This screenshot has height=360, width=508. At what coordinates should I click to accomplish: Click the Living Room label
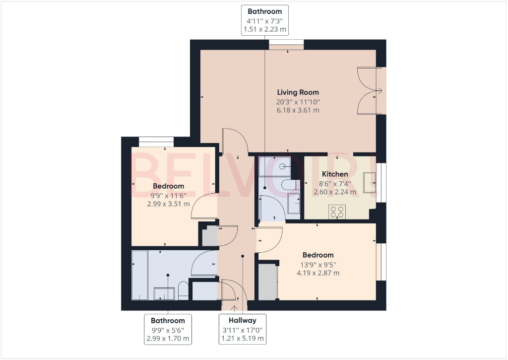pyautogui.click(x=298, y=92)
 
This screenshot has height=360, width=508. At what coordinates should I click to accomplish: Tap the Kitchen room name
pyautogui.click(x=335, y=174)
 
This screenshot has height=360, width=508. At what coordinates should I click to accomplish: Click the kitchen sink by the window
pyautogui.click(x=369, y=182)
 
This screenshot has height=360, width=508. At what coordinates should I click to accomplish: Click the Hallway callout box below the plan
pyautogui.click(x=243, y=329)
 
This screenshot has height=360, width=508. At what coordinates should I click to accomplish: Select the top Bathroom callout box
pyautogui.click(x=264, y=20)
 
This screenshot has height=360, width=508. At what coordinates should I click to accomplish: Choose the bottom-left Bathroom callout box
pyautogui.click(x=168, y=329)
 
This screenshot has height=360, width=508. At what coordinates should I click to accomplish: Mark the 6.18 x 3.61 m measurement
pyautogui.click(x=298, y=110)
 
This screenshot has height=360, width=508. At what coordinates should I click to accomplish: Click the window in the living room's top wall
pyautogui.click(x=286, y=46)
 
